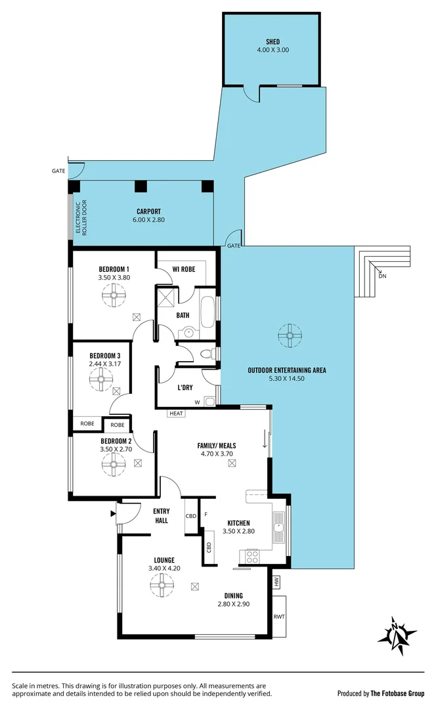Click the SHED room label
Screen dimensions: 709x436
[x=273, y=40]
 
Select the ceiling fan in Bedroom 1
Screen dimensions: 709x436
[x=114, y=298]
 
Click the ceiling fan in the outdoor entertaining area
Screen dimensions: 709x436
[x=287, y=335]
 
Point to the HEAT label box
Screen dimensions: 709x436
[x=176, y=414]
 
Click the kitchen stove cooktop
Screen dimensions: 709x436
[x=251, y=557]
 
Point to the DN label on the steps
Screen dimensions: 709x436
[x=383, y=276]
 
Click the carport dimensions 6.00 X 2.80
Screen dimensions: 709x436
[x=148, y=220]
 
